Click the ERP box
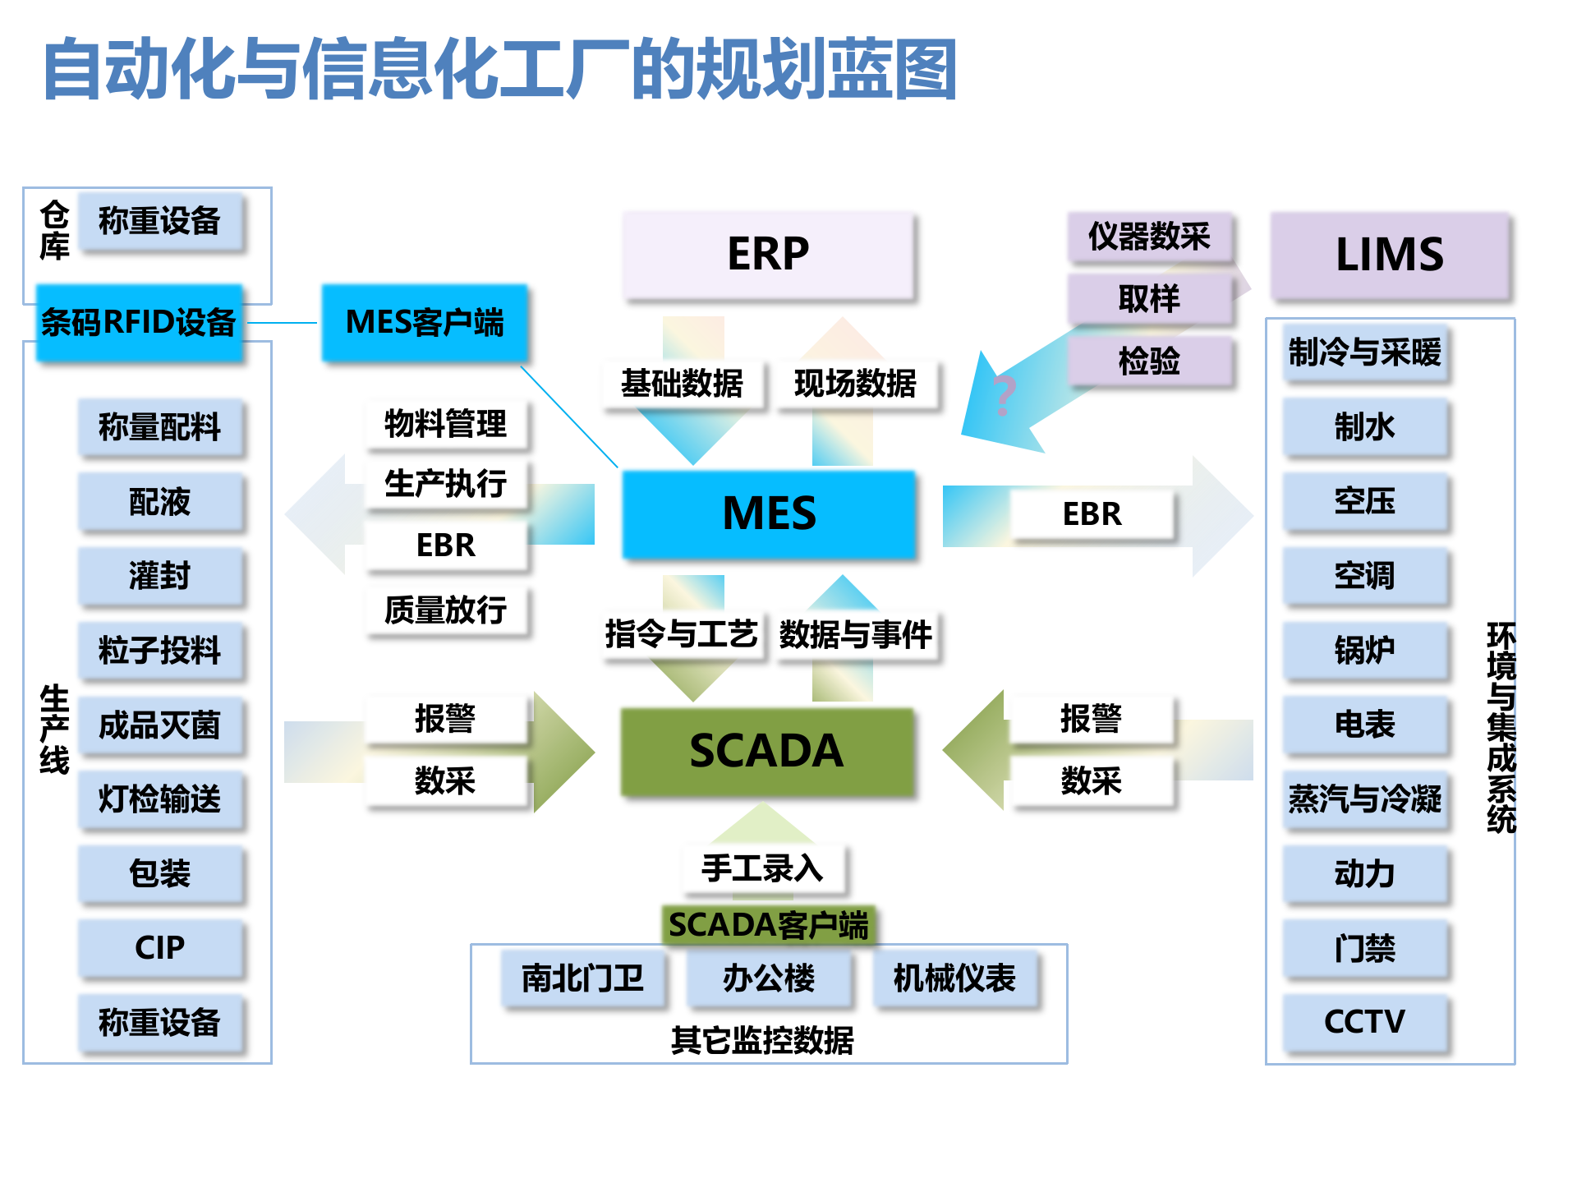[768, 254]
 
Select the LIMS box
[1390, 254]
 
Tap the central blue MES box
[769, 513]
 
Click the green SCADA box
[766, 751]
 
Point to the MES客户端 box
[425, 323]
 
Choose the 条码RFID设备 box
[139, 323]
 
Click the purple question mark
[1004, 395]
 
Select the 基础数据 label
[682, 384]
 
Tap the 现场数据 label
[855, 384]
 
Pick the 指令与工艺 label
[682, 634]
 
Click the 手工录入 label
[762, 868]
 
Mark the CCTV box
[1364, 1022]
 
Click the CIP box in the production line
[160, 948]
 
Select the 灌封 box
[160, 575]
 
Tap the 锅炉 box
[1364, 650]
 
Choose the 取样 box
[1149, 299]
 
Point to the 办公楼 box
[769, 978]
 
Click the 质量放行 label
[445, 610]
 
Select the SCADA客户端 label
[768, 925]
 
